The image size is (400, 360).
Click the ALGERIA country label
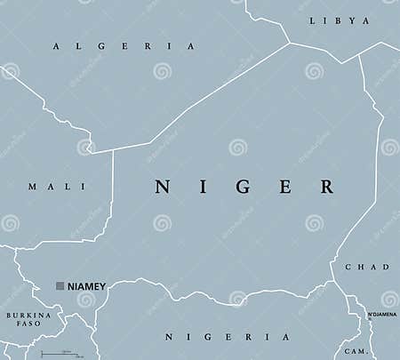tap(124, 46)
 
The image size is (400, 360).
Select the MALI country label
tap(57, 187)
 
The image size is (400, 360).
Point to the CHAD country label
tap(367, 267)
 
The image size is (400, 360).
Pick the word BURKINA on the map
tap(28, 315)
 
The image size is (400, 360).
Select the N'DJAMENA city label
tap(382, 315)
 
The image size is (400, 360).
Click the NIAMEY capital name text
tap(86, 286)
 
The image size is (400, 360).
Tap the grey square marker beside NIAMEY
tap(60, 286)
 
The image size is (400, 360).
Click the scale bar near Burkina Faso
tap(56, 353)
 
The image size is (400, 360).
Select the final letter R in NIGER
tap(326, 187)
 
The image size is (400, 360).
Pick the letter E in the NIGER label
tap(286, 187)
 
